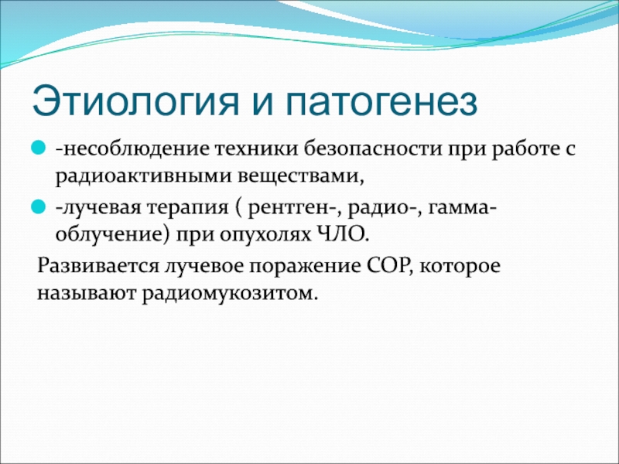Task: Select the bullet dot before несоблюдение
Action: (x=37, y=148)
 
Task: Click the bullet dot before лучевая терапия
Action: (x=37, y=206)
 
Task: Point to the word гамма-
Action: (x=461, y=206)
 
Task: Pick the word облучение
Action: (x=109, y=235)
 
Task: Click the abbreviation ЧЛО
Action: (x=343, y=235)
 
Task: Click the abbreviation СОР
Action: (x=389, y=265)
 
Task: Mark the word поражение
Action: (x=305, y=266)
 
